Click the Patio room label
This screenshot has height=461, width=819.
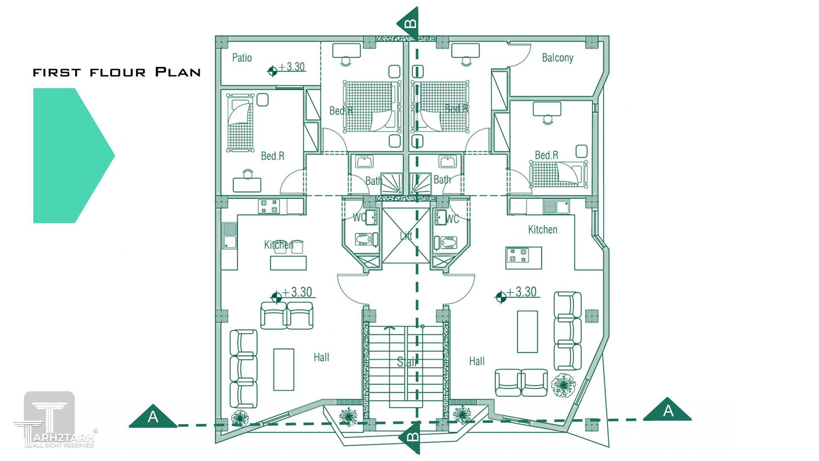pos(242,58)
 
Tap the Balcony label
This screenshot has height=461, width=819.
pos(557,58)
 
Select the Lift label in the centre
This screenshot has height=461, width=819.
pos(406,235)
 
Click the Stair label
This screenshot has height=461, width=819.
pos(406,362)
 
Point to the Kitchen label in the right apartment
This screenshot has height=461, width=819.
pos(542,230)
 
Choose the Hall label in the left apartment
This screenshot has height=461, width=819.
pos(321,357)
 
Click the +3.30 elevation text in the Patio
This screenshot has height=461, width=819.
pos(292,67)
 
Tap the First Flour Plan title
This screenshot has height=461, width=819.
pos(117,72)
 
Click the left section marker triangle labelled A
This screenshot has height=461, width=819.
pos(153,417)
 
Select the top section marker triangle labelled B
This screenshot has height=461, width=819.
pos(408,23)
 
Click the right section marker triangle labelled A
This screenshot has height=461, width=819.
pos(667,411)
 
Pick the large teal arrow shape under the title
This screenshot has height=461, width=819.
pos(70,155)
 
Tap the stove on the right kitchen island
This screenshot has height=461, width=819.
pos(518,255)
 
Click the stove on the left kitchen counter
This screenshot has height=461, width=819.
pos(269,207)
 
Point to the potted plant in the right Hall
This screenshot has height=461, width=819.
pos(563,385)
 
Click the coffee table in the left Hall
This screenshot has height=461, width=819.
pos(283,369)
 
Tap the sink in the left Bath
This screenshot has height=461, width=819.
pos(364,162)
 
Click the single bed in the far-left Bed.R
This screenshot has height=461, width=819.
pos(239,123)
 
